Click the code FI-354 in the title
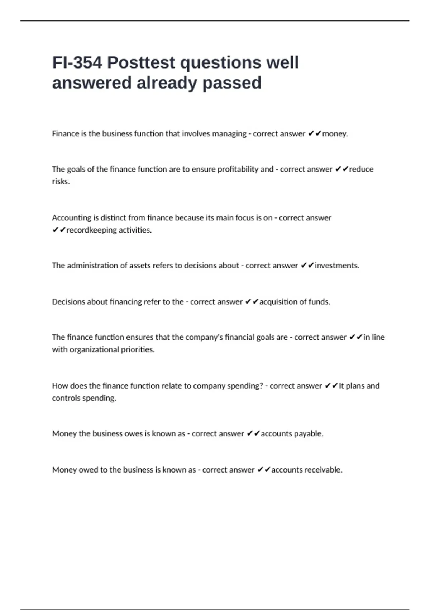pos(77,63)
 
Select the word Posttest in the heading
pos(141,63)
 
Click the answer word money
pos(335,134)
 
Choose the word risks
pos(61,182)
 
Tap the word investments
pos(336,266)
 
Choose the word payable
pos(309,433)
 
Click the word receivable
pos(325,470)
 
